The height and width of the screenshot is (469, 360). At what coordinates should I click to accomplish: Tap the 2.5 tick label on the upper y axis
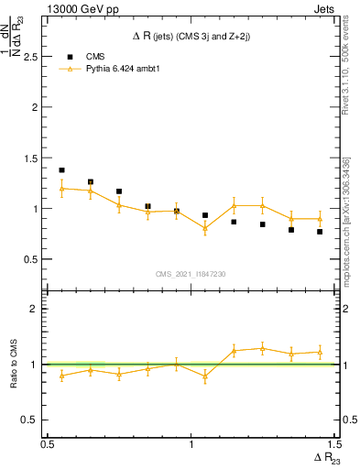point(31,57)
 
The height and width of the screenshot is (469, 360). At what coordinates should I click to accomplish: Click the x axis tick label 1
point(191,444)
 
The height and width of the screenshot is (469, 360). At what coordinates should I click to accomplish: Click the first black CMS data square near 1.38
point(61,170)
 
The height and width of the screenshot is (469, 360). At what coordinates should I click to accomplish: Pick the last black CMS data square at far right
point(320,232)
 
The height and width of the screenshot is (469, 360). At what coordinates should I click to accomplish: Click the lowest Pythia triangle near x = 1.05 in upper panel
point(205,229)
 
